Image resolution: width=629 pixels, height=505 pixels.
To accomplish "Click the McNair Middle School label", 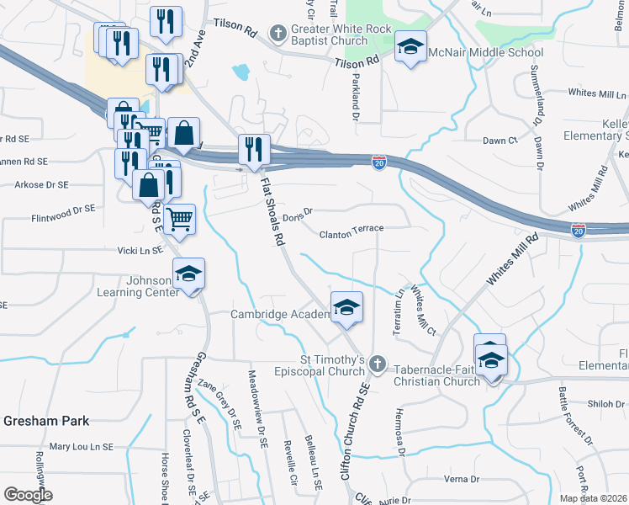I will pyautogui.click(x=486, y=53).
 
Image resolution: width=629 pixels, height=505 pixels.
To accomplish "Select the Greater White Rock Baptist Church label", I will pyautogui.click(x=329, y=35).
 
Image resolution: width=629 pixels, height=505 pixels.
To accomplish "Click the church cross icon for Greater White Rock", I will pyautogui.click(x=277, y=34).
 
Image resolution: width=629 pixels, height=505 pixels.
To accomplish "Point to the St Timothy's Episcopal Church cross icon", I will pyautogui.click(x=378, y=364).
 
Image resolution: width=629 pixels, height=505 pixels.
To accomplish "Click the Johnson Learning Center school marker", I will pyautogui.click(x=188, y=274).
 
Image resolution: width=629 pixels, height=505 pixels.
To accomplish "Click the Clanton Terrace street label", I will pyautogui.click(x=351, y=228).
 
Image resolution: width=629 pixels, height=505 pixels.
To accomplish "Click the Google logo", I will pyautogui.click(x=28, y=494).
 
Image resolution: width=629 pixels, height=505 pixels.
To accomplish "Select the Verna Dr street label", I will pyautogui.click(x=461, y=479).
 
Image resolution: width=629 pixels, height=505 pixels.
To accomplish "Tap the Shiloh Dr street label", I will pyautogui.click(x=605, y=404).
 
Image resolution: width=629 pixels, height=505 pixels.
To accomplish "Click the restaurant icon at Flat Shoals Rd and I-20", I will pyautogui.click(x=254, y=150).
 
